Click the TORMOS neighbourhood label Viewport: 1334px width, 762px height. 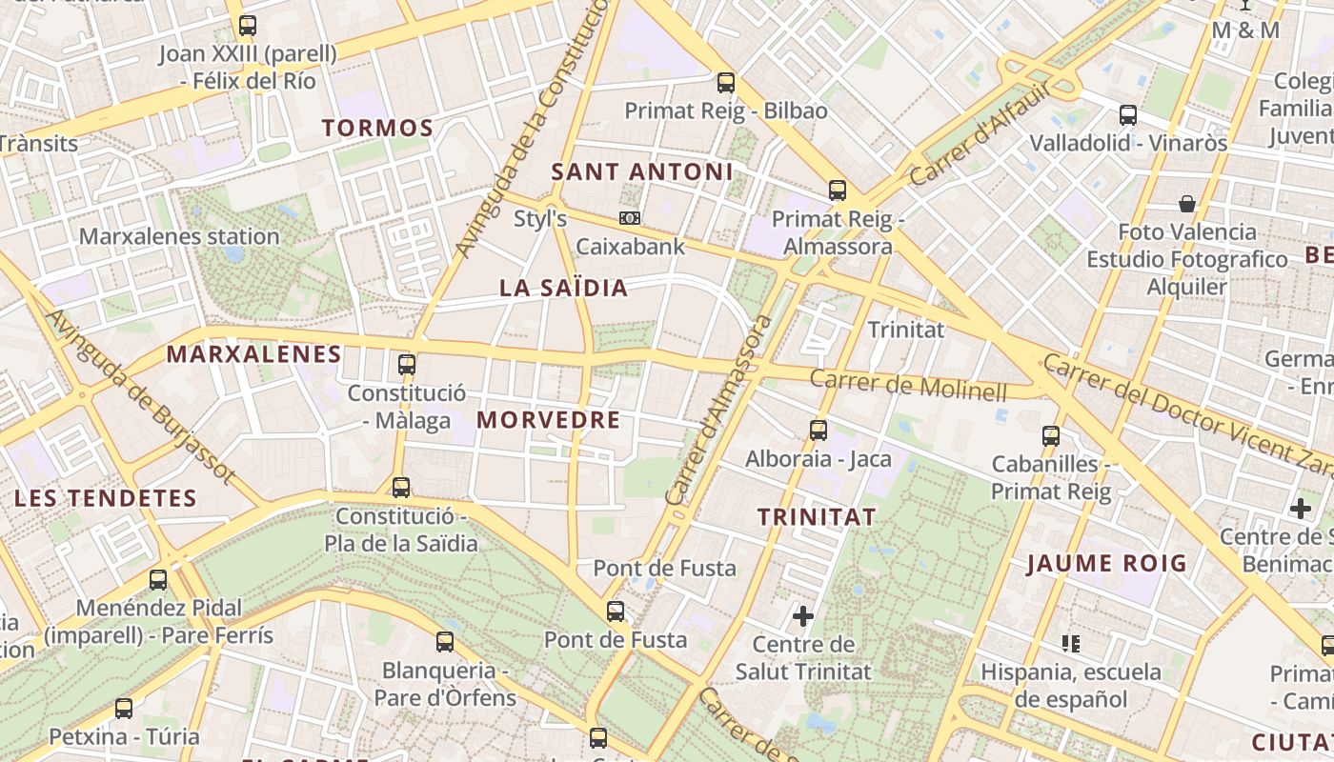377,128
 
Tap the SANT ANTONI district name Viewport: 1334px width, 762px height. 642,171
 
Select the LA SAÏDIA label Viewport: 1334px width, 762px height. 564,289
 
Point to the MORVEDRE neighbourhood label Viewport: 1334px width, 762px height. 548,420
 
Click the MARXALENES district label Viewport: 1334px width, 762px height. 254,354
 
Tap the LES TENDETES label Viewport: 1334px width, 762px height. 105,498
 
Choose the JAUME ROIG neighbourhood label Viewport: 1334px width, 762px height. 1106,564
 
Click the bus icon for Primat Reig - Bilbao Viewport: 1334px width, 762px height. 726,83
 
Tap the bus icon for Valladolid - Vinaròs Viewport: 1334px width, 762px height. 1128,115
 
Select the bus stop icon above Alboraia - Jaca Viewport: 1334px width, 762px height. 819,431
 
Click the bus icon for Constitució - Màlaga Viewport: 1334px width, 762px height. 407,364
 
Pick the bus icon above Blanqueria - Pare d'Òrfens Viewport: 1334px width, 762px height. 445,641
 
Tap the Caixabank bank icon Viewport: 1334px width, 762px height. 629,218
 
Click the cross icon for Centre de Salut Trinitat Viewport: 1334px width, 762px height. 803,616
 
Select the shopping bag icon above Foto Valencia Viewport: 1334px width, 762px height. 1187,204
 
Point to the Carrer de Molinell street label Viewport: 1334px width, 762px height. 908,386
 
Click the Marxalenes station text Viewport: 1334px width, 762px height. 179,236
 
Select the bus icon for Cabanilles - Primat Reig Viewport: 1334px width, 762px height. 1051,436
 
